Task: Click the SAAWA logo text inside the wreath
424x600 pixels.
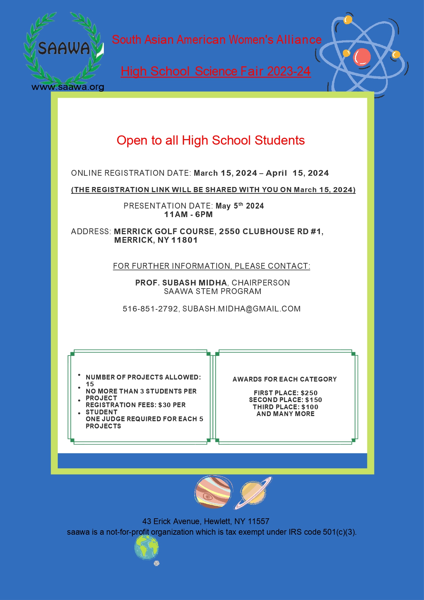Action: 64,48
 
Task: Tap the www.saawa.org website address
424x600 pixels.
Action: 68,87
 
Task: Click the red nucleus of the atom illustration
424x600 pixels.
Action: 361,57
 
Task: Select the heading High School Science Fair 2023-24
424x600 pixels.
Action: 216,71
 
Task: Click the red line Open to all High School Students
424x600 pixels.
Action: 210,141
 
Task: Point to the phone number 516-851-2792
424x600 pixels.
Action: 150,309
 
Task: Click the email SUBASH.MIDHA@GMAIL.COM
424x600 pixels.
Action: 242,309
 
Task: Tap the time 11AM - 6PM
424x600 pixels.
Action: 188,214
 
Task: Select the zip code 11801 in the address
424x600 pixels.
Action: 184,240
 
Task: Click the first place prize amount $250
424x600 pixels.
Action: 309,393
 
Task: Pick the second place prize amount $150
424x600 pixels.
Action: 313,400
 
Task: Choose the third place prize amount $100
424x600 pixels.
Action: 310,407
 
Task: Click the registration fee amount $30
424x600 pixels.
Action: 164,405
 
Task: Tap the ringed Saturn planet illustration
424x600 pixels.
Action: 253,493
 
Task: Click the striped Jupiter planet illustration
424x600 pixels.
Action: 213,492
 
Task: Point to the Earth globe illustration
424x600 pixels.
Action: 147,547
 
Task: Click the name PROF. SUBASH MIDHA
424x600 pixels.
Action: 181,283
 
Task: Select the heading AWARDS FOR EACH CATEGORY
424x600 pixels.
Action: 285,379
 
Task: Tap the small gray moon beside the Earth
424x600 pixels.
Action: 156,563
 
